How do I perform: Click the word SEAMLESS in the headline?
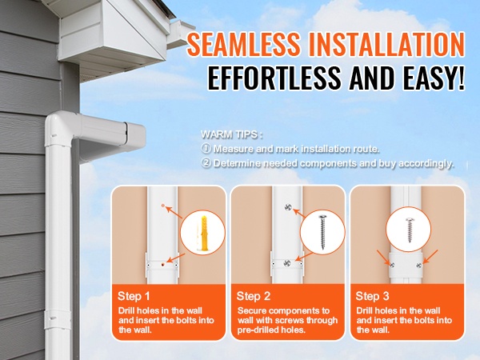[x=243, y=44]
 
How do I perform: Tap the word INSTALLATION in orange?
[x=387, y=44]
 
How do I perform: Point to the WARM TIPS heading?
[x=232, y=134]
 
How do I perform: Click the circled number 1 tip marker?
[x=206, y=149]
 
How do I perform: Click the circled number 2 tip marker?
[x=206, y=163]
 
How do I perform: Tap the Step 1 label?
[x=134, y=296]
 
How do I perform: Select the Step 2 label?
[x=254, y=296]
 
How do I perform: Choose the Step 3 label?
[x=372, y=296]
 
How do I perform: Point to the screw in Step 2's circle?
[x=322, y=231]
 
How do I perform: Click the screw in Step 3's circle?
[x=409, y=230]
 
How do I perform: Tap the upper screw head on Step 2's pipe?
[x=288, y=207]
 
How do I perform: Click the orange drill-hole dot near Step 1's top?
[x=163, y=206]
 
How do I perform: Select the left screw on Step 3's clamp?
[x=391, y=265]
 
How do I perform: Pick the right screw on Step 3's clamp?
[x=418, y=265]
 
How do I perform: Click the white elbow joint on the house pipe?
[x=62, y=129]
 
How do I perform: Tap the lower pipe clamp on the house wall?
[x=58, y=319]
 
